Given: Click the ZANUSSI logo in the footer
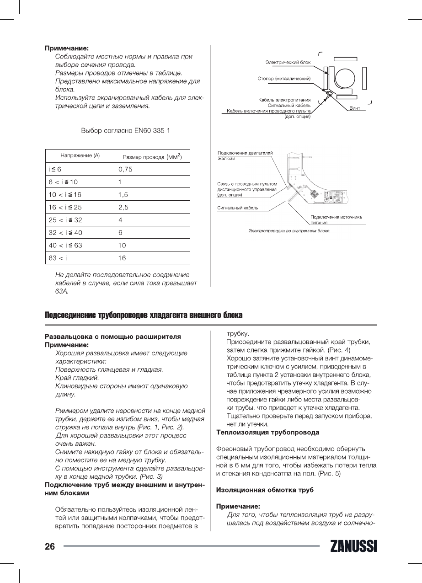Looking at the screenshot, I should (x=352, y=546).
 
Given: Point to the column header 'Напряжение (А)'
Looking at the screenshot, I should (x=80, y=156).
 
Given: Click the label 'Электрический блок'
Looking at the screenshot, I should (x=288, y=62).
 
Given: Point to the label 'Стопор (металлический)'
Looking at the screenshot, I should (x=284, y=79).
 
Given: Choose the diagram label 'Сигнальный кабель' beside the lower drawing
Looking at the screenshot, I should (x=237, y=208).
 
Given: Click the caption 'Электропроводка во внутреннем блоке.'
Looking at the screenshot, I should (x=289, y=231).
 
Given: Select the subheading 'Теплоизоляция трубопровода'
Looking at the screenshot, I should (x=267, y=432).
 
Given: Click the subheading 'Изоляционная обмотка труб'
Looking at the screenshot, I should (x=264, y=490).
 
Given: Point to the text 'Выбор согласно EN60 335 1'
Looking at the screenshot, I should (x=125, y=131).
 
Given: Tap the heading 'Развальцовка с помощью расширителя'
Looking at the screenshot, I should (x=112, y=337).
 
